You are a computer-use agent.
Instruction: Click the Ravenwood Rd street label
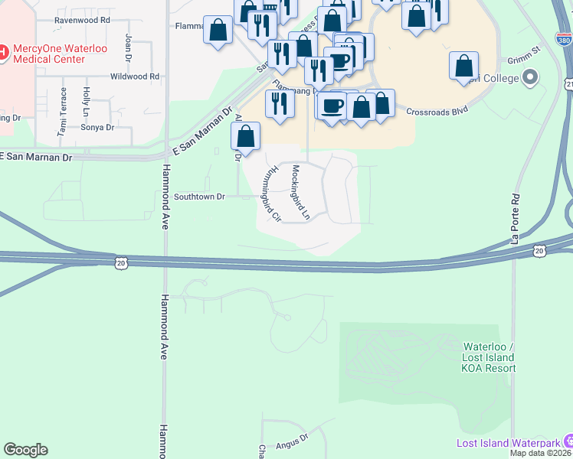(82, 20)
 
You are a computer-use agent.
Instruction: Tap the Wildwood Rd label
(135, 76)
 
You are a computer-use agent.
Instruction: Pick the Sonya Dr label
(97, 128)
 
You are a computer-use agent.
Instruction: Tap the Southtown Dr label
(198, 197)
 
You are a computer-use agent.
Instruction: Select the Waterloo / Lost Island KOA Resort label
(489, 357)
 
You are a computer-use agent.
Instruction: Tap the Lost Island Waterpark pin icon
(568, 441)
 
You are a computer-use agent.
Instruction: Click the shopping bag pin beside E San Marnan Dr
(245, 137)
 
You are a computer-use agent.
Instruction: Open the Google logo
(25, 450)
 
